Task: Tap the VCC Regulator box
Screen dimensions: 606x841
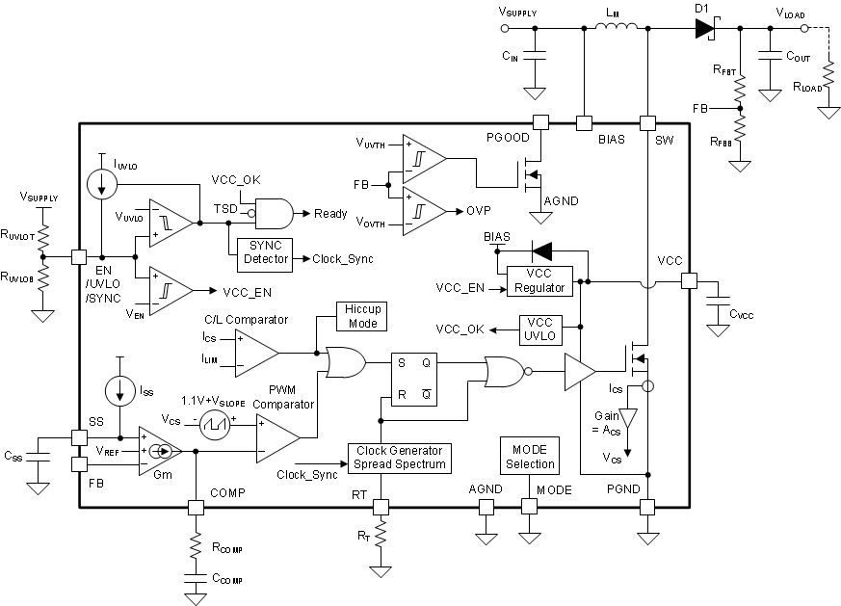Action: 539,280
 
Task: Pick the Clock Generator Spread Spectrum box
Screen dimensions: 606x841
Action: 400,458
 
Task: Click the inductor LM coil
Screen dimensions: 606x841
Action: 613,29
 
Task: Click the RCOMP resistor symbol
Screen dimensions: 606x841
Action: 196,547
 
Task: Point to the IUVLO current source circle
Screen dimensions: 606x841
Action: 101,183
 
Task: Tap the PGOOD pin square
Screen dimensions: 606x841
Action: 540,122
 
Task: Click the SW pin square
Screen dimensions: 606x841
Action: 647,122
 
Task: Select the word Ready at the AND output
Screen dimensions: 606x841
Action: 330,214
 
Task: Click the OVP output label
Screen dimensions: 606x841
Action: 480,209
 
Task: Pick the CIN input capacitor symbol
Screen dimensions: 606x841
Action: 532,59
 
